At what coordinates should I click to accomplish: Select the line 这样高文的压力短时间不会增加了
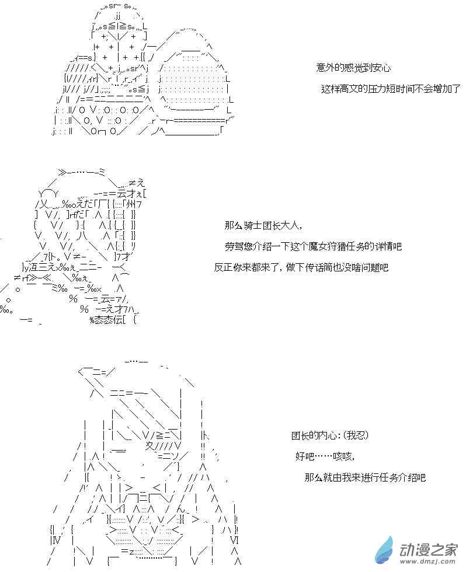(391, 89)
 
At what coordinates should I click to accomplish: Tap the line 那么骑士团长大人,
(263, 225)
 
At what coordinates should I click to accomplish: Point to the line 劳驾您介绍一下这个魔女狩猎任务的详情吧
(313, 246)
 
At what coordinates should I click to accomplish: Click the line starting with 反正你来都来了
(301, 267)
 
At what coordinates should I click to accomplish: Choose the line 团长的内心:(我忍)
(330, 435)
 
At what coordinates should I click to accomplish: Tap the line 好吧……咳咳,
(325, 456)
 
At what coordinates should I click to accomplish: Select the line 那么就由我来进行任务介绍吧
(365, 477)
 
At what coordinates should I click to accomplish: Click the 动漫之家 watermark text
(428, 550)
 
